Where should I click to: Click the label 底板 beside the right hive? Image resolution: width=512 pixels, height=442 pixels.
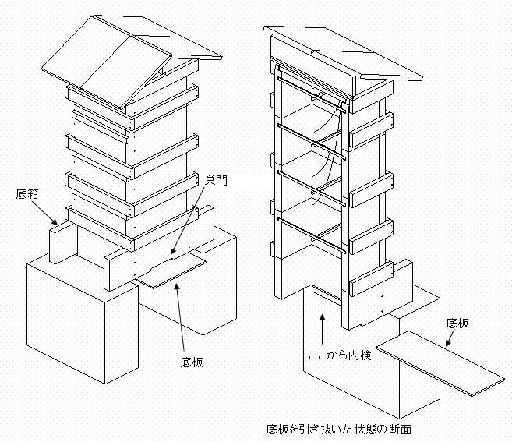click(459, 323)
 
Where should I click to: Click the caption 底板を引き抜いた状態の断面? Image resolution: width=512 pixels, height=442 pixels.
click(340, 430)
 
